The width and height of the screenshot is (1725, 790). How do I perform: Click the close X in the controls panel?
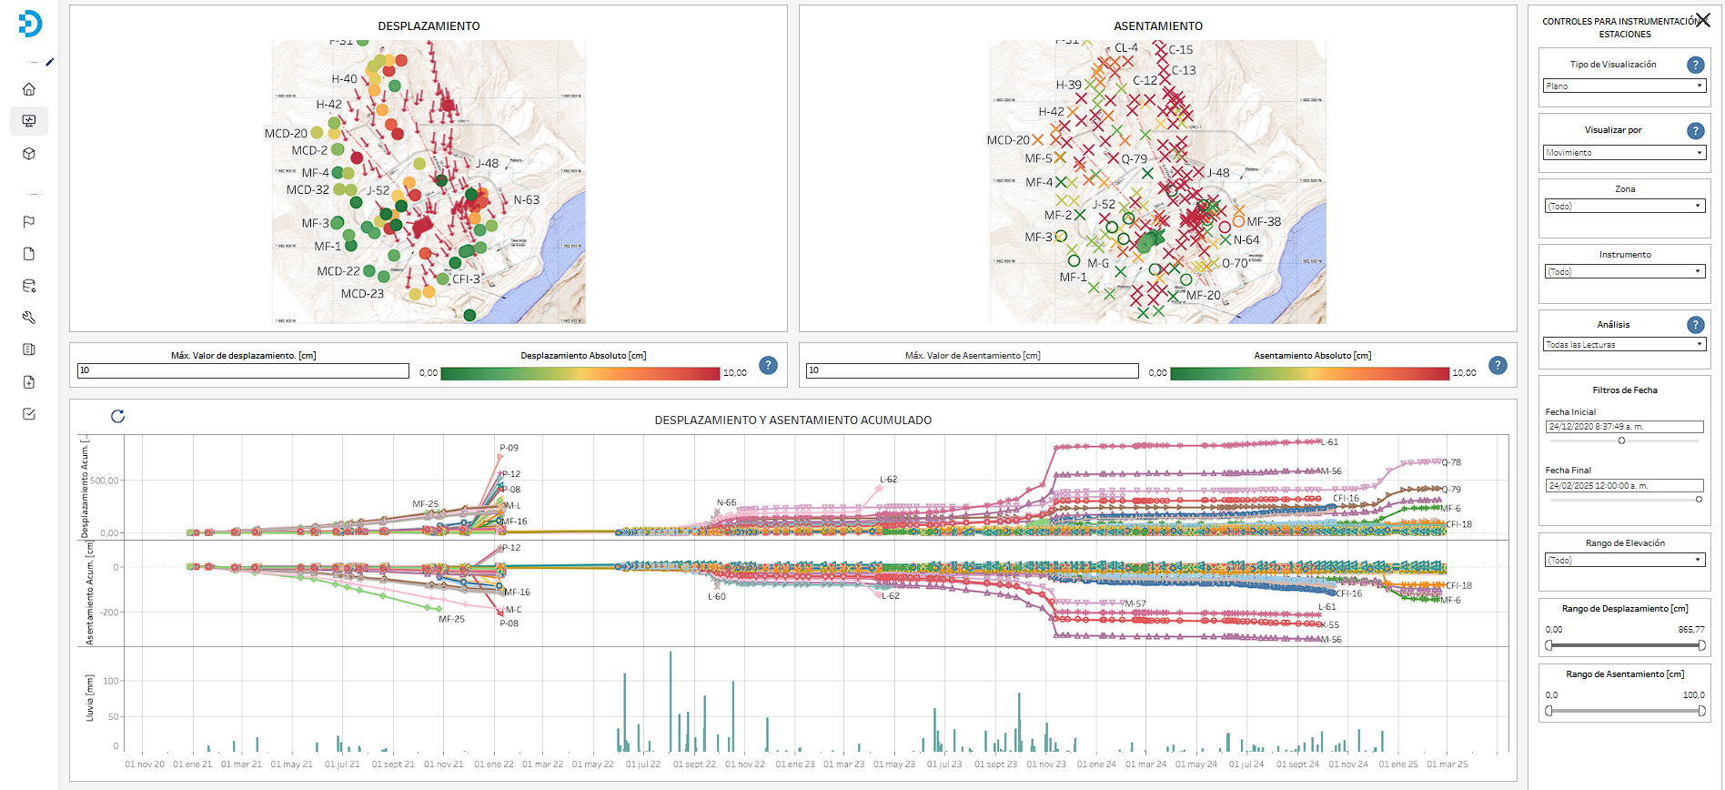pyautogui.click(x=1702, y=20)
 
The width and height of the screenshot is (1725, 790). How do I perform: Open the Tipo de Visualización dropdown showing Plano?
pyautogui.click(x=1624, y=86)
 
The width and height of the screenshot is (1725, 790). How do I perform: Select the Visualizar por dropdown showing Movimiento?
pyautogui.click(x=1624, y=153)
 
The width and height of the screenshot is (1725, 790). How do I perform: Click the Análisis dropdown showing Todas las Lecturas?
pyautogui.click(x=1624, y=345)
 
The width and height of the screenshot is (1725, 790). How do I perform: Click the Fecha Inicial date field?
pyautogui.click(x=1624, y=427)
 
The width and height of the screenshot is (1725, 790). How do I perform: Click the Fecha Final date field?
pyautogui.click(x=1624, y=486)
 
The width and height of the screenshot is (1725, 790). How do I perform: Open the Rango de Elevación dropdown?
pyautogui.click(x=1624, y=561)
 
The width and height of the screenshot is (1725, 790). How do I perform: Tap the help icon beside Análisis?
pyautogui.click(x=1695, y=325)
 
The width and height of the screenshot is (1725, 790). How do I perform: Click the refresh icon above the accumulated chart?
pyautogui.click(x=117, y=417)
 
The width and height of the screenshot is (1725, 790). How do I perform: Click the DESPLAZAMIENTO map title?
pyautogui.click(x=429, y=26)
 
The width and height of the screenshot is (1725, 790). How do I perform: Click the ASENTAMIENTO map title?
pyautogui.click(x=1157, y=26)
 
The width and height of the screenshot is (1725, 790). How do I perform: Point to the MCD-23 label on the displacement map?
pyautogui.click(x=362, y=294)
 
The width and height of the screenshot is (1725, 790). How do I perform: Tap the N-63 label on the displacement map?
pyautogui.click(x=526, y=200)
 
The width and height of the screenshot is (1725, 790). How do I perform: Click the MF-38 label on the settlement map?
pyautogui.click(x=1263, y=222)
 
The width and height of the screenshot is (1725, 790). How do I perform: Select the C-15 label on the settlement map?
pyautogui.click(x=1181, y=50)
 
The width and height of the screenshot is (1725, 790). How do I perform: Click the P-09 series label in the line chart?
pyautogui.click(x=509, y=448)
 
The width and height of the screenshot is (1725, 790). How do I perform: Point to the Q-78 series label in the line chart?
pyautogui.click(x=1451, y=462)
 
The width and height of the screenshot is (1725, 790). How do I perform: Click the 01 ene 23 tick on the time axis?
pyautogui.click(x=795, y=765)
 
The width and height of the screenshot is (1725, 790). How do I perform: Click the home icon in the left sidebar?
pyautogui.click(x=29, y=89)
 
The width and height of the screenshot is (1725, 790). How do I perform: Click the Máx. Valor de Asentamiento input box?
pyautogui.click(x=972, y=370)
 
